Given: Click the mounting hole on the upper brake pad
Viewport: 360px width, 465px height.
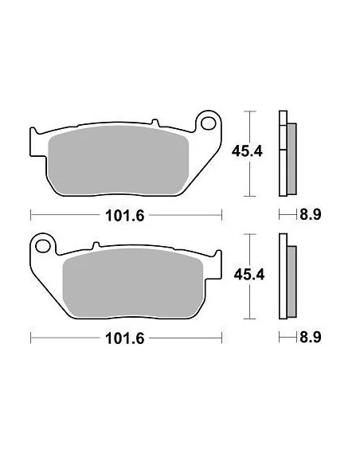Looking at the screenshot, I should click(x=210, y=123).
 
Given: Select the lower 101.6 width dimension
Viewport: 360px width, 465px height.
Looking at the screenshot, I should click(x=126, y=338).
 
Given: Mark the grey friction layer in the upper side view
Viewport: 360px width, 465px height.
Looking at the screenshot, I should click(x=292, y=158).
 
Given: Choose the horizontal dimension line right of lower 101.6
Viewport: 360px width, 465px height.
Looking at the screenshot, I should click(x=187, y=338).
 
